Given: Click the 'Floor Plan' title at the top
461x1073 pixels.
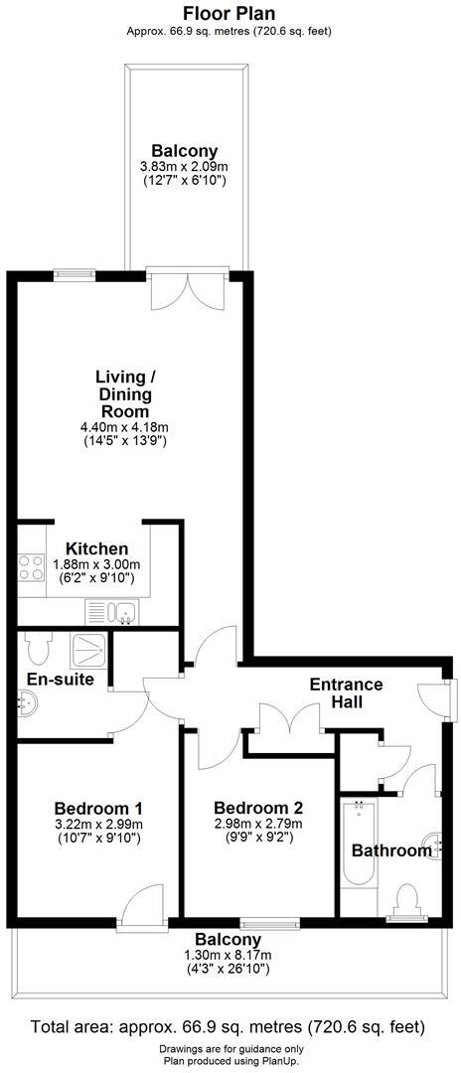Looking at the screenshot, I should [230, 13].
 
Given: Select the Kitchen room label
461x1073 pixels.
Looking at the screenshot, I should [96, 548].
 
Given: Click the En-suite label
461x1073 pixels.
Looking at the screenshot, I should [61, 680].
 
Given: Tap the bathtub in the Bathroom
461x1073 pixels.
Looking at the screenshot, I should [357, 844].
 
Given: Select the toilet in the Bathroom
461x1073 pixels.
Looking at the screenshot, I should [405, 900].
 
